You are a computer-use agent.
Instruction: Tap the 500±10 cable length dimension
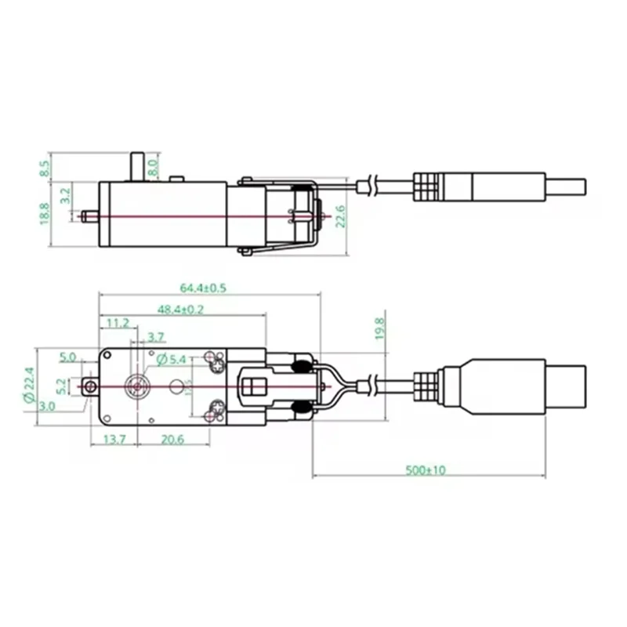point(426,470)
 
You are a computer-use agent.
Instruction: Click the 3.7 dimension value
point(156,338)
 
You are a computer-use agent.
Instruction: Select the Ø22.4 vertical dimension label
point(29,386)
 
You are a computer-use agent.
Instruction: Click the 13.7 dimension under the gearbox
point(114,440)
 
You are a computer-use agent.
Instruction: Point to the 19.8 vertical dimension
point(379,327)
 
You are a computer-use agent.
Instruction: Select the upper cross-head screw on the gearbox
point(217,361)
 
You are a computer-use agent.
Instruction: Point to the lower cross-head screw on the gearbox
point(217,409)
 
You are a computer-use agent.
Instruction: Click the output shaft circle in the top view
point(139,386)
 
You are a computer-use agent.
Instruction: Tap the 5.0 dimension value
point(68,357)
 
